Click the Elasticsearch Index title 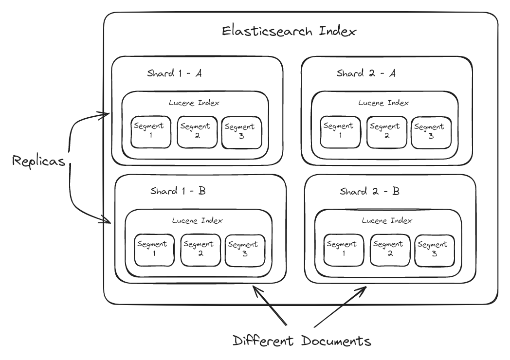click(289, 32)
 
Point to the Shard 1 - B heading click(178, 190)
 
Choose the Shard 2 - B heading click(370, 191)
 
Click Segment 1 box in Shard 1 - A click(151, 131)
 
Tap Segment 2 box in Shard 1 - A click(195, 131)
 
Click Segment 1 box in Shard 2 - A click(340, 131)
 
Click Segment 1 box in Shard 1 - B click(154, 249)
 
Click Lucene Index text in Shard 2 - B click(387, 220)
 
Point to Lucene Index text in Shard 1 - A click(194, 103)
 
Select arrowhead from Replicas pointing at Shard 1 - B click(108, 221)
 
